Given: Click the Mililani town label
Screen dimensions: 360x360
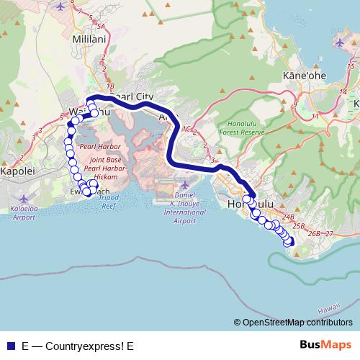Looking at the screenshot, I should click(x=89, y=39).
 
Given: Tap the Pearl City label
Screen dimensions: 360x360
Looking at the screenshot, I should click(x=135, y=96).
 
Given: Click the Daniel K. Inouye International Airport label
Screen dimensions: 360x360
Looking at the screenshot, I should click(x=184, y=208).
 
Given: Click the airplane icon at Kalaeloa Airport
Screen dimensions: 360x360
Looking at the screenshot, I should click(x=26, y=197).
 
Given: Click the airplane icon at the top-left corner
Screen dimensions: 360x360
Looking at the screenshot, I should click(x=59, y=6).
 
